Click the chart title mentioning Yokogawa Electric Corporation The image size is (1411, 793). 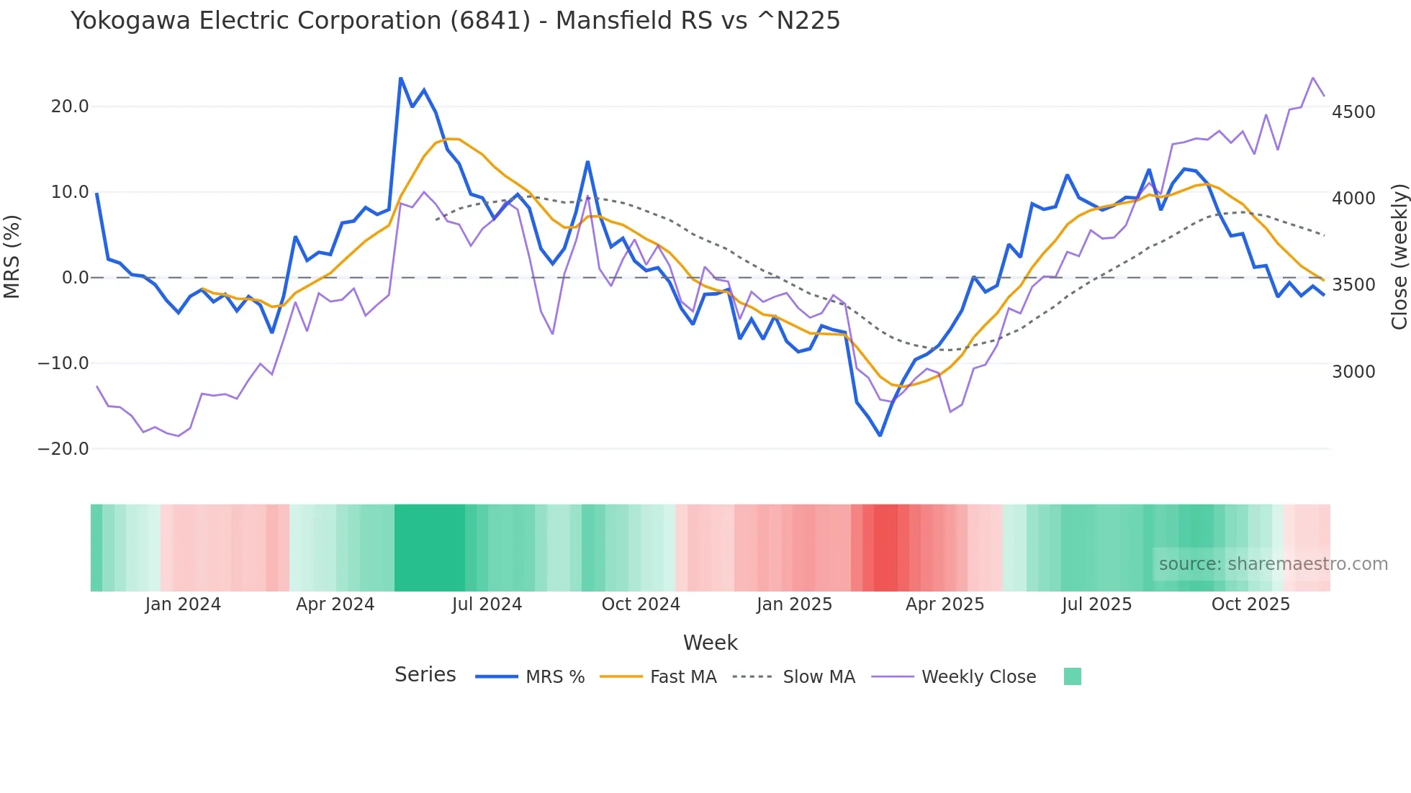click(455, 21)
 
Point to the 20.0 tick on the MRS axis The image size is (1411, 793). click(70, 107)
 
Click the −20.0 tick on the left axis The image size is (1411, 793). click(63, 449)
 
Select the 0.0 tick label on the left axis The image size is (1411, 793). click(75, 278)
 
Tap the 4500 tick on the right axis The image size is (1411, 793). click(1353, 112)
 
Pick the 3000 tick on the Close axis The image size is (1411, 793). click(1353, 372)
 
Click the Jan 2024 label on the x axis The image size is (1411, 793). click(183, 604)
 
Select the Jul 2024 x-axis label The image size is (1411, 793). click(487, 604)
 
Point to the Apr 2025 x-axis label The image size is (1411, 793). click(945, 604)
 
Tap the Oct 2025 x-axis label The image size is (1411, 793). click(1250, 604)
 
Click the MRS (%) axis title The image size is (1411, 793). click(12, 256)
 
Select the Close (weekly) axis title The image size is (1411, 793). click(1399, 257)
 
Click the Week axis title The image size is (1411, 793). click(710, 643)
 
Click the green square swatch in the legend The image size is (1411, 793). click(1072, 676)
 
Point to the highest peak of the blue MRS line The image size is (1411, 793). click(401, 78)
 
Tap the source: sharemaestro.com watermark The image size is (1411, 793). click(1273, 564)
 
